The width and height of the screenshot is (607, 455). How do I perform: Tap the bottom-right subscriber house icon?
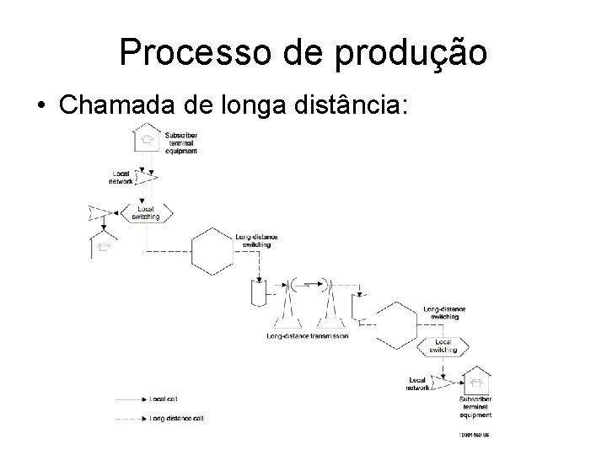[476, 380]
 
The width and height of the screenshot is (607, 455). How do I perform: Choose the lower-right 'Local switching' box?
[443, 346]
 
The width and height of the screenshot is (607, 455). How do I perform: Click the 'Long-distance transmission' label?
[307, 336]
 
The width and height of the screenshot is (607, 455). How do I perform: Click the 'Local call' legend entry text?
[163, 398]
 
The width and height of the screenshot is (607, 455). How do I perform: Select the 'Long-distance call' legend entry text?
[176, 417]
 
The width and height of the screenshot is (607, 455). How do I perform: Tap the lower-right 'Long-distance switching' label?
[443, 313]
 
